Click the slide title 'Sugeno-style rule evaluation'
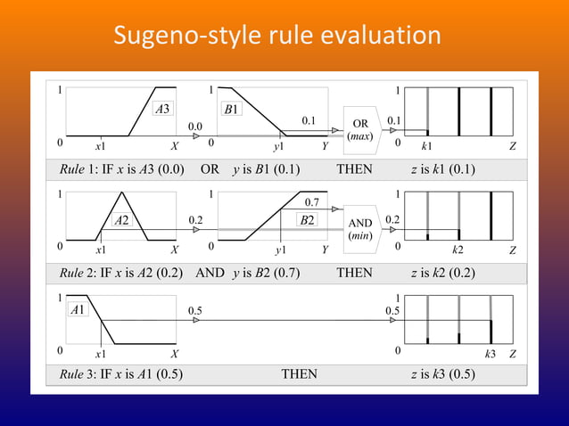pyautogui.click(x=277, y=37)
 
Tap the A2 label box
pyautogui.click(x=123, y=219)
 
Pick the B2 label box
pyautogui.click(x=308, y=219)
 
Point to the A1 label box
pyautogui.click(x=78, y=310)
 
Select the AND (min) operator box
pyautogui.click(x=361, y=229)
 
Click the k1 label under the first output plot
pyautogui.click(x=427, y=145)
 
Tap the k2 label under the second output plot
pyautogui.click(x=458, y=250)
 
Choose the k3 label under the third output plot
pyautogui.click(x=490, y=354)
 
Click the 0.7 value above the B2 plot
pyautogui.click(x=313, y=204)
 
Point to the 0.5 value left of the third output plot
pyautogui.click(x=392, y=310)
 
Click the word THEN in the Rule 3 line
pyautogui.click(x=300, y=374)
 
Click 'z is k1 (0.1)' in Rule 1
pyautogui.click(x=443, y=169)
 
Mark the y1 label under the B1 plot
pyautogui.click(x=279, y=145)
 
